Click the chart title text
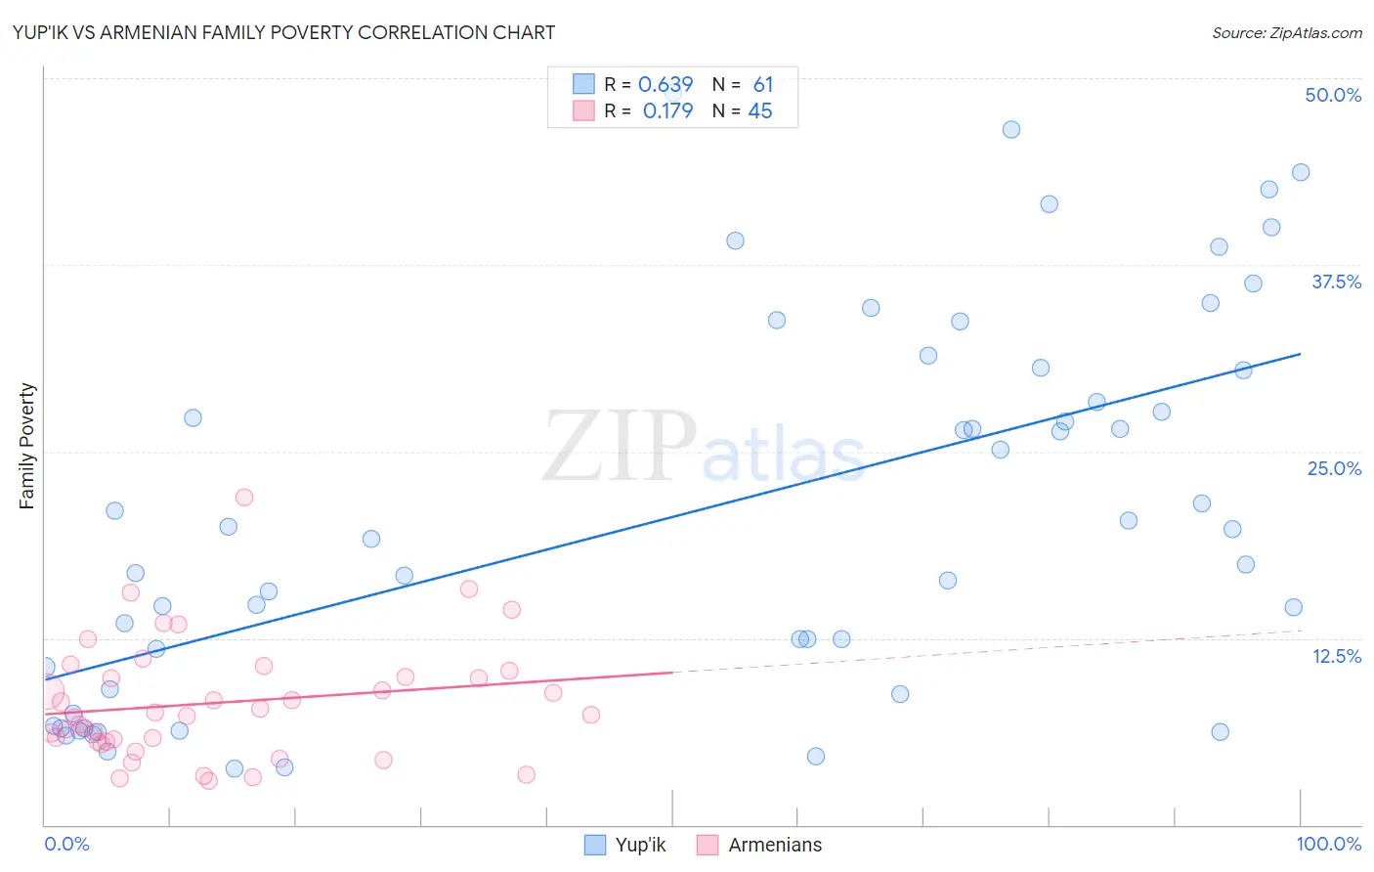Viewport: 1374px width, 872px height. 283,32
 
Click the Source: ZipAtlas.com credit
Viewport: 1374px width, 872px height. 1286,32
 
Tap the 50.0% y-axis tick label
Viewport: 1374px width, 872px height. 1333,95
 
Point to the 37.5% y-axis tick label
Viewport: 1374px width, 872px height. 1336,282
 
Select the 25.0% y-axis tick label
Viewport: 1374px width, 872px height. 1334,468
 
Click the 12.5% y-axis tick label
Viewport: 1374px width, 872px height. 1336,656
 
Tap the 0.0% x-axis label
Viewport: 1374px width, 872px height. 66,844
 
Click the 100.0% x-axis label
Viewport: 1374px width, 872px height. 1328,844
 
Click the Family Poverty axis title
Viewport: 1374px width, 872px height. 27,446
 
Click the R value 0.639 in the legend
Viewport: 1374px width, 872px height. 666,85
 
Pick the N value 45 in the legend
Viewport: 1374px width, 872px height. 759,111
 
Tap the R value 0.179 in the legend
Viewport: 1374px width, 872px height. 667,111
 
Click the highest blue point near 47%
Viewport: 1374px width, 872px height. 1011,130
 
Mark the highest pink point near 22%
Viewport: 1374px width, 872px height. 244,498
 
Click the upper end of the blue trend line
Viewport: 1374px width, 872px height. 1300,354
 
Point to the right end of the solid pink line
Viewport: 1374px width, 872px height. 672,672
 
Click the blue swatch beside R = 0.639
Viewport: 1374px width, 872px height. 583,84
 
